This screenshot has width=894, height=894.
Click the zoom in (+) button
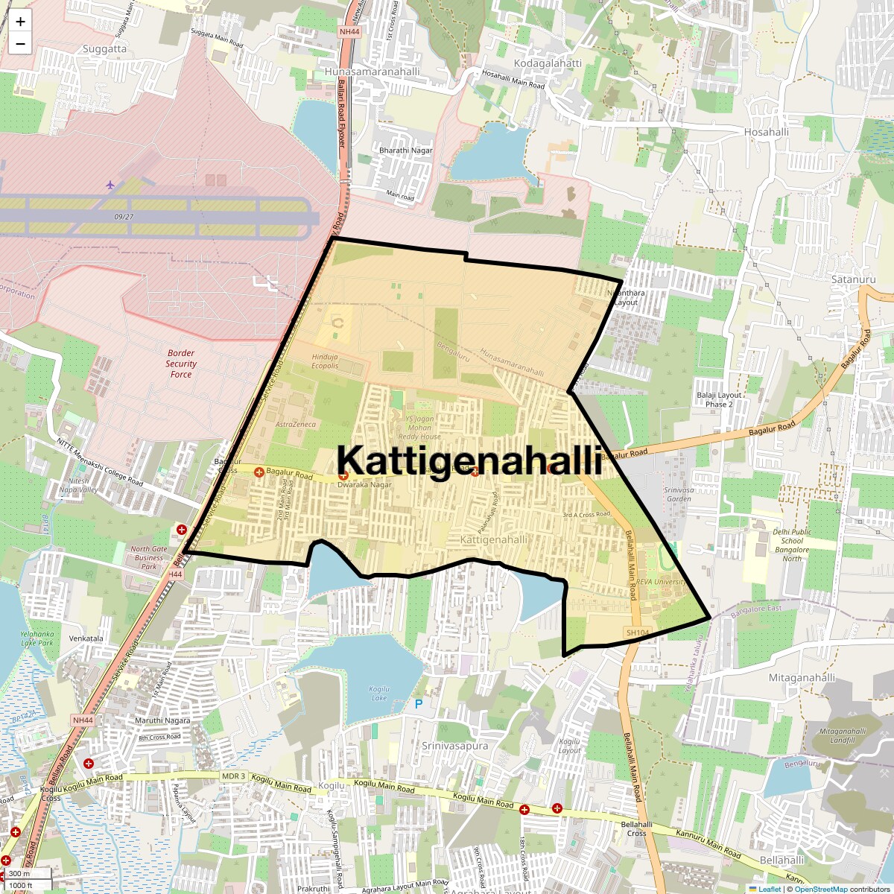(x=20, y=22)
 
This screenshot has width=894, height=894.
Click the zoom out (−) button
(x=20, y=44)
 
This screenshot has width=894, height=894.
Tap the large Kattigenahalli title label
(x=469, y=460)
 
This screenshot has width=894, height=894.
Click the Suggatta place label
(x=104, y=49)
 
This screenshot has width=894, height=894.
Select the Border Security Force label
(x=181, y=364)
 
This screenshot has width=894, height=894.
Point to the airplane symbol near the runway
(x=110, y=184)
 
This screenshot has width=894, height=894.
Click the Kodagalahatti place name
(x=548, y=63)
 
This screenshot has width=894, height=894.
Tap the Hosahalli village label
(x=766, y=132)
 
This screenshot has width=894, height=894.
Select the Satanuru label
(x=853, y=279)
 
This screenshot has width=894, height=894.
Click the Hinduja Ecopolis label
(x=325, y=361)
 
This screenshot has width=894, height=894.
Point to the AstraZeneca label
(x=296, y=424)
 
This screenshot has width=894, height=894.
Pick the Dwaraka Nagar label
(x=364, y=484)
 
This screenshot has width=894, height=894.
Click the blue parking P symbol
(x=418, y=703)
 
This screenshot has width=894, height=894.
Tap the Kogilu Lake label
(x=379, y=694)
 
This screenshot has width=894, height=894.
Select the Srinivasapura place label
(x=454, y=745)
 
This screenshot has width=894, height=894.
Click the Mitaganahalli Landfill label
(x=843, y=735)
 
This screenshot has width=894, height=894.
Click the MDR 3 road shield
(x=233, y=776)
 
